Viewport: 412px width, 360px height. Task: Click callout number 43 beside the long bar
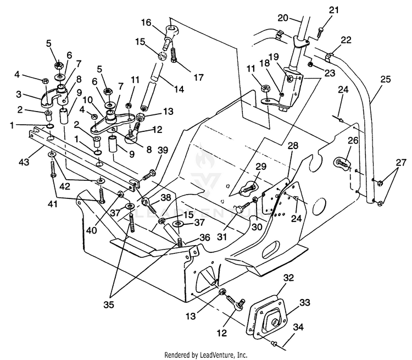pos(24,162)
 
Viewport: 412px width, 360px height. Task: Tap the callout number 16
pos(146,23)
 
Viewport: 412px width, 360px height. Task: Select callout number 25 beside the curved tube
pos(386,79)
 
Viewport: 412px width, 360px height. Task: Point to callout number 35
pos(109,304)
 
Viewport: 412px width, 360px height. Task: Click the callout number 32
pos(288,278)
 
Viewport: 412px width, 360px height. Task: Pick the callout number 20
pos(283,18)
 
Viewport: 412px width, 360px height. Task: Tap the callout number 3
pos(19,94)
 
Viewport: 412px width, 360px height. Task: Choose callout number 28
pos(293,146)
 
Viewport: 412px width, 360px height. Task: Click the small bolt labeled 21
pos(320,32)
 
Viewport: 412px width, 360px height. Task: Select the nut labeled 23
pos(310,64)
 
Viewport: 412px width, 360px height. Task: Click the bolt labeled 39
pos(149,176)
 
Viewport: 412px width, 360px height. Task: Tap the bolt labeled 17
pos(174,55)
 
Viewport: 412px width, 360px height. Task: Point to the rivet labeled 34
pos(274,343)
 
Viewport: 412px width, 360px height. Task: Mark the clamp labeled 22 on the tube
pos(329,57)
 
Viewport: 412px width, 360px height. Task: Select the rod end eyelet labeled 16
pos(170,34)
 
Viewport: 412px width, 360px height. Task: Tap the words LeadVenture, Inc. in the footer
pos(224,355)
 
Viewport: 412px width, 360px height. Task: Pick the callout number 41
pos(53,203)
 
